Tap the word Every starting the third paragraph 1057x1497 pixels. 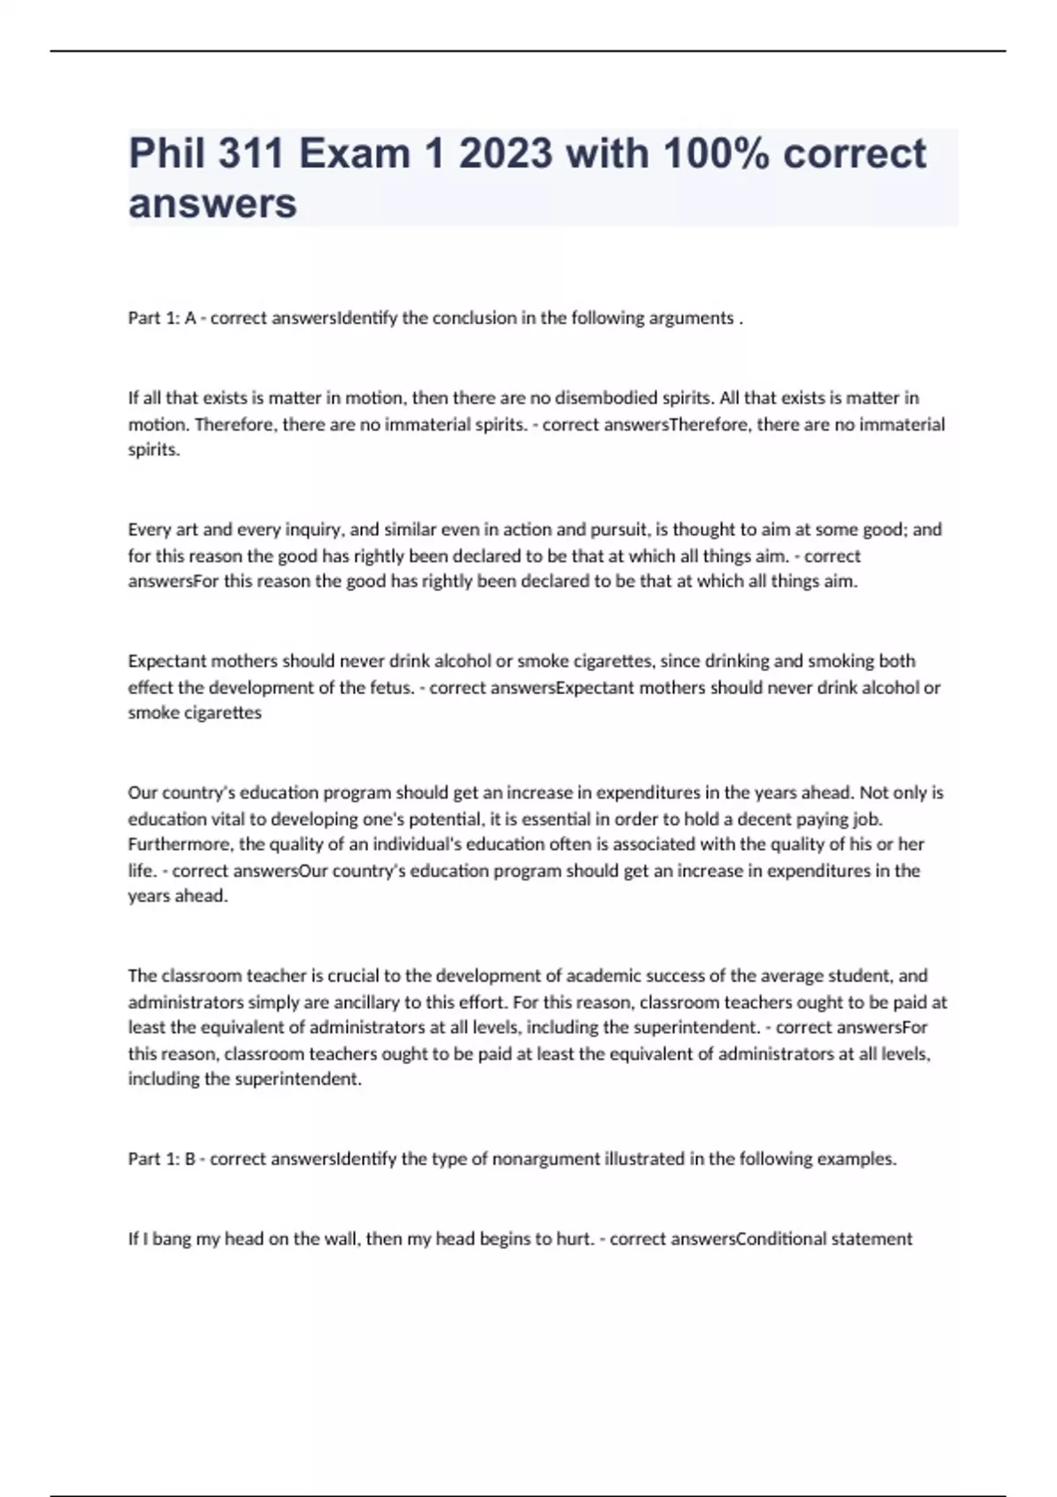click(149, 530)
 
